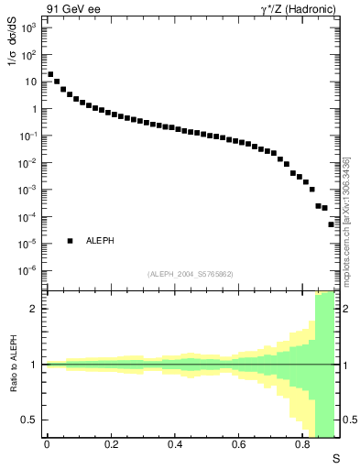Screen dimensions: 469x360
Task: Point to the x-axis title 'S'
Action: pos(335,457)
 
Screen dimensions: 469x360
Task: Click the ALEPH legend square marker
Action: pos(71,241)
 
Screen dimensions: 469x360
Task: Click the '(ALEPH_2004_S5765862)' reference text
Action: pos(191,275)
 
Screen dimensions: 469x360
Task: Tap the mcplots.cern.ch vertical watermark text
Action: pos(346,220)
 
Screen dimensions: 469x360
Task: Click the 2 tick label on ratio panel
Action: pos(34,309)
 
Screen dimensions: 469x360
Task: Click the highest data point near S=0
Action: pos(50,74)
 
